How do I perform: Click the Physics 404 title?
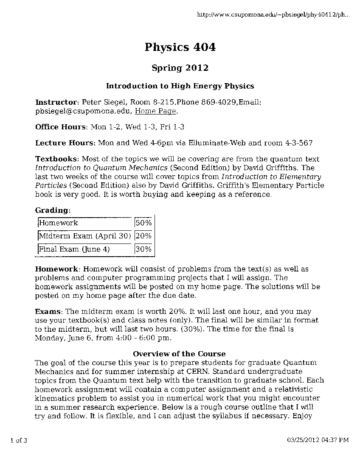pyautogui.click(x=180, y=47)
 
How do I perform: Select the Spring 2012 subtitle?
pyautogui.click(x=180, y=68)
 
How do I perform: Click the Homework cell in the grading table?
pyautogui.click(x=59, y=223)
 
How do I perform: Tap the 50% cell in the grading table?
pyautogui.click(x=143, y=223)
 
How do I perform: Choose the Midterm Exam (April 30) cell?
pyautogui.click(x=84, y=236)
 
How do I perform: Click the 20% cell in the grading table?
pyautogui.click(x=143, y=236)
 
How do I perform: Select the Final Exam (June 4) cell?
pyautogui.click(x=74, y=249)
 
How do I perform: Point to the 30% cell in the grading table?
pyautogui.click(x=143, y=249)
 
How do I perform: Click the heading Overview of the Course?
pyautogui.click(x=179, y=354)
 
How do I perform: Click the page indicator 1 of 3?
pyautogui.click(x=19, y=440)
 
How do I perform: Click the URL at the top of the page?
pyautogui.click(x=273, y=15)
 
